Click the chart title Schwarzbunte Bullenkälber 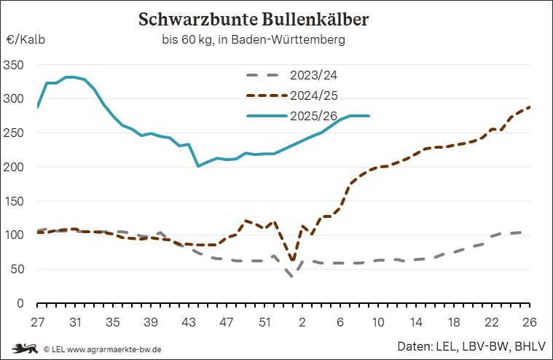tap(254, 20)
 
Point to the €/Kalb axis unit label tap(26, 40)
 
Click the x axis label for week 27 tap(38, 322)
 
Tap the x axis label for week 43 tap(189, 322)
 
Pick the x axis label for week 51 tap(264, 322)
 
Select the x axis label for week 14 tap(416, 322)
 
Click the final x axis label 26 tap(530, 322)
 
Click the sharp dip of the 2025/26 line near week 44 tap(198, 166)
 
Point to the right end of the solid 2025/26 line tap(369, 116)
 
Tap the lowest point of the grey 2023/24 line tap(293, 276)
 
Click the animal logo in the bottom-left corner tap(24, 348)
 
